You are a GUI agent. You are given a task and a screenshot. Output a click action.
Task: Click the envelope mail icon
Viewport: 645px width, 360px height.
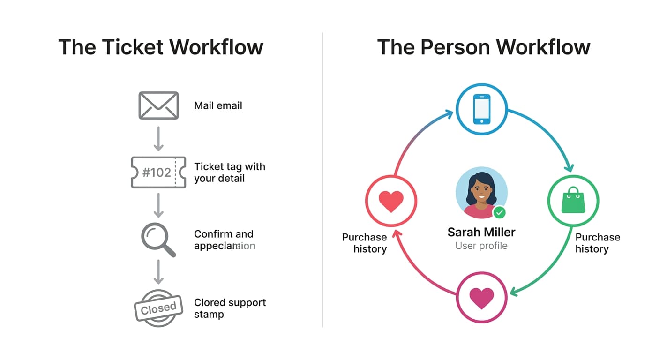point(158,105)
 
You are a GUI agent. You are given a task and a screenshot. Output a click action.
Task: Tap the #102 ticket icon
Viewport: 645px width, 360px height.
point(158,172)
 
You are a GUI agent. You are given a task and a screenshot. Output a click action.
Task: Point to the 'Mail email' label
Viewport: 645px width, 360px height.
point(218,106)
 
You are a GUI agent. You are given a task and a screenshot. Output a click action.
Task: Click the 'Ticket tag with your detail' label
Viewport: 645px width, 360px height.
point(230,172)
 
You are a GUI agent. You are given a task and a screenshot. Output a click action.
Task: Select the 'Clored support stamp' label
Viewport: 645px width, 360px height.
point(230,308)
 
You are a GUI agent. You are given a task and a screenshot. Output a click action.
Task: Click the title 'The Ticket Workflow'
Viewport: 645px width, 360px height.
point(161,47)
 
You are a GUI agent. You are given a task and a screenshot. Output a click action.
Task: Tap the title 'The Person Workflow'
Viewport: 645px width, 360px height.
point(483,47)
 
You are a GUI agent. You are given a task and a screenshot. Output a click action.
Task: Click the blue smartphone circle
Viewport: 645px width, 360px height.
point(482,109)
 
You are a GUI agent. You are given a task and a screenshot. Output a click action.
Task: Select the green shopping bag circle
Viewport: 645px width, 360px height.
point(573,201)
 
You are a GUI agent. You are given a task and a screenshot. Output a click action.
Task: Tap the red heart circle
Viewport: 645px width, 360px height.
point(391,201)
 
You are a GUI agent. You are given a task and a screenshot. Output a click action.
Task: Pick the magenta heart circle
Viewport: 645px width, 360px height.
point(482,298)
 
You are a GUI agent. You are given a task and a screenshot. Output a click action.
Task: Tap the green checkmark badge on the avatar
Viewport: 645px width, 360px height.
point(500,213)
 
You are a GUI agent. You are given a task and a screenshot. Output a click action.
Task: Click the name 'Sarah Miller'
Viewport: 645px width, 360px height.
point(481,232)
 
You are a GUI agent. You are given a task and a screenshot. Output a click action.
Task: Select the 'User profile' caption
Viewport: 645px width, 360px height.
point(481,246)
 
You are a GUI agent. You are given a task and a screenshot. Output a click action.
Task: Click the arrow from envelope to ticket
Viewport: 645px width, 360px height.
point(158,138)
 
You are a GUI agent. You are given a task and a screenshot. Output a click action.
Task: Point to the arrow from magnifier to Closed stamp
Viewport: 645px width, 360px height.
point(158,272)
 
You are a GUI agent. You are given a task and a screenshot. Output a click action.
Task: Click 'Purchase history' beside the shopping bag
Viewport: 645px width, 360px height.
point(597,243)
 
